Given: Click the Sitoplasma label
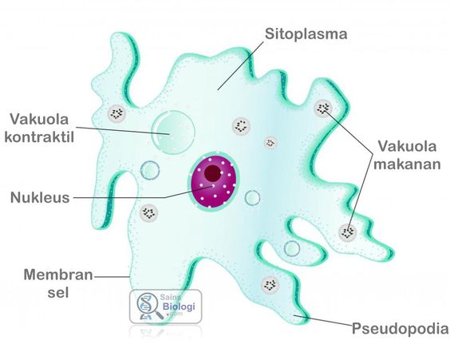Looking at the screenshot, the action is pos(306,34).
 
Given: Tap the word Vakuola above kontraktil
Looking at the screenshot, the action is pos(39,119).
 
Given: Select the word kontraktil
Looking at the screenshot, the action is pos(39,137).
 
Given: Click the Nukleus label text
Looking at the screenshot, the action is pos(40,197).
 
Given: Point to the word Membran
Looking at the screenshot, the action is pos(58,275).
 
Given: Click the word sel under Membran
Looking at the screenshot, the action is pos(58,292).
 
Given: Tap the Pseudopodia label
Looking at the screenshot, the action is pos(400,328).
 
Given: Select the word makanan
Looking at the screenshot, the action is pos(407,164).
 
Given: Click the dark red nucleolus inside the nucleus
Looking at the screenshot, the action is pos(213,173).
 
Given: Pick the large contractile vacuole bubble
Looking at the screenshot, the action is pos(173,133).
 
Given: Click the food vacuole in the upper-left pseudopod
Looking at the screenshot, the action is pos(116,113).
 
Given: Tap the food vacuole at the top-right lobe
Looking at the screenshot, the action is pos(323,109).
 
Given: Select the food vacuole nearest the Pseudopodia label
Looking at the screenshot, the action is pos(270,285).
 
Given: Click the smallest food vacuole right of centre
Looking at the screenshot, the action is pos(270,142).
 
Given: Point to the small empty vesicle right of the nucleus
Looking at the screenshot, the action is pos(253,198).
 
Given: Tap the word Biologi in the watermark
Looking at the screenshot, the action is pos(179,306).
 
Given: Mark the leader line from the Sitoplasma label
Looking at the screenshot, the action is pos(240,65).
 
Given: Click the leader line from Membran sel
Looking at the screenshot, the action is pos(112,277).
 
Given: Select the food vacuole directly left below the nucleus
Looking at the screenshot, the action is pos(148,212).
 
